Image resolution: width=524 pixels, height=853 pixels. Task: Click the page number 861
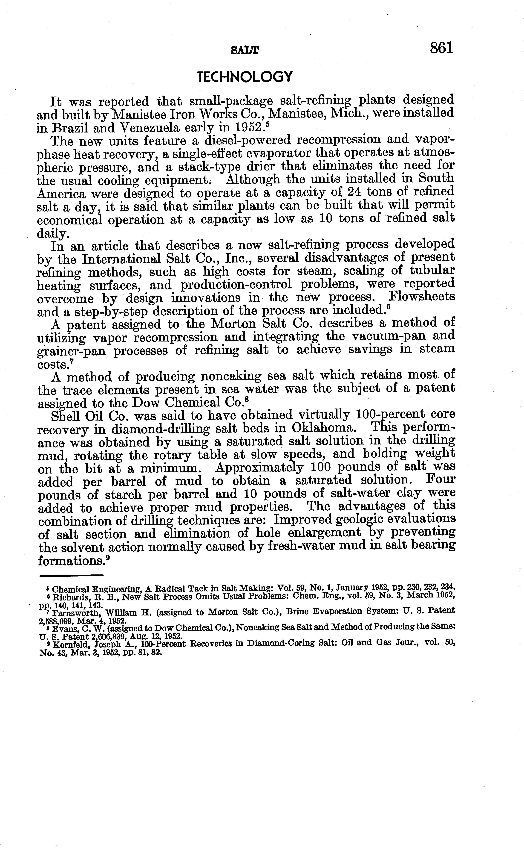[x=441, y=47]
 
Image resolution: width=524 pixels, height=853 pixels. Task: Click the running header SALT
[x=245, y=51]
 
